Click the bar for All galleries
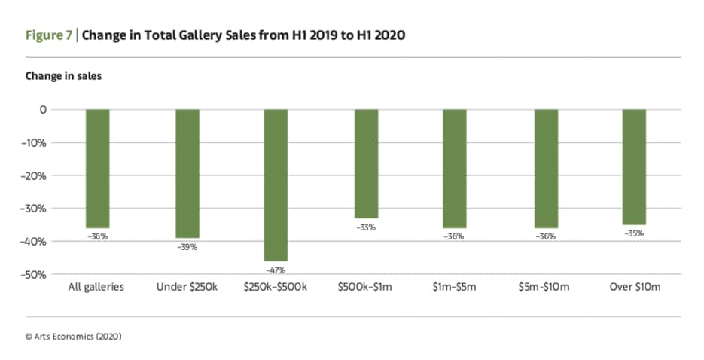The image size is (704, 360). [x=97, y=169]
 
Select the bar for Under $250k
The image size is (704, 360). [x=187, y=173]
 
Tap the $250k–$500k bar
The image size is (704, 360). [x=276, y=185]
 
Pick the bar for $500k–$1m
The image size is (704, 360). [x=366, y=163]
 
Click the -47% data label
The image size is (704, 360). [x=276, y=269]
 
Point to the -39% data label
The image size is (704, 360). [x=187, y=246]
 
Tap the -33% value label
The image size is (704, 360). [x=366, y=227]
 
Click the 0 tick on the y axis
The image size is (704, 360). [x=44, y=110]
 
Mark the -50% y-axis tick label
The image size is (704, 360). [x=36, y=275]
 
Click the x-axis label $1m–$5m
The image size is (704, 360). [x=455, y=287]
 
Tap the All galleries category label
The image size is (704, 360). [x=96, y=287]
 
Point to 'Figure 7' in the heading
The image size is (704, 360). [x=50, y=35]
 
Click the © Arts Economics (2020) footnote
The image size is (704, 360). [x=73, y=336]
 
